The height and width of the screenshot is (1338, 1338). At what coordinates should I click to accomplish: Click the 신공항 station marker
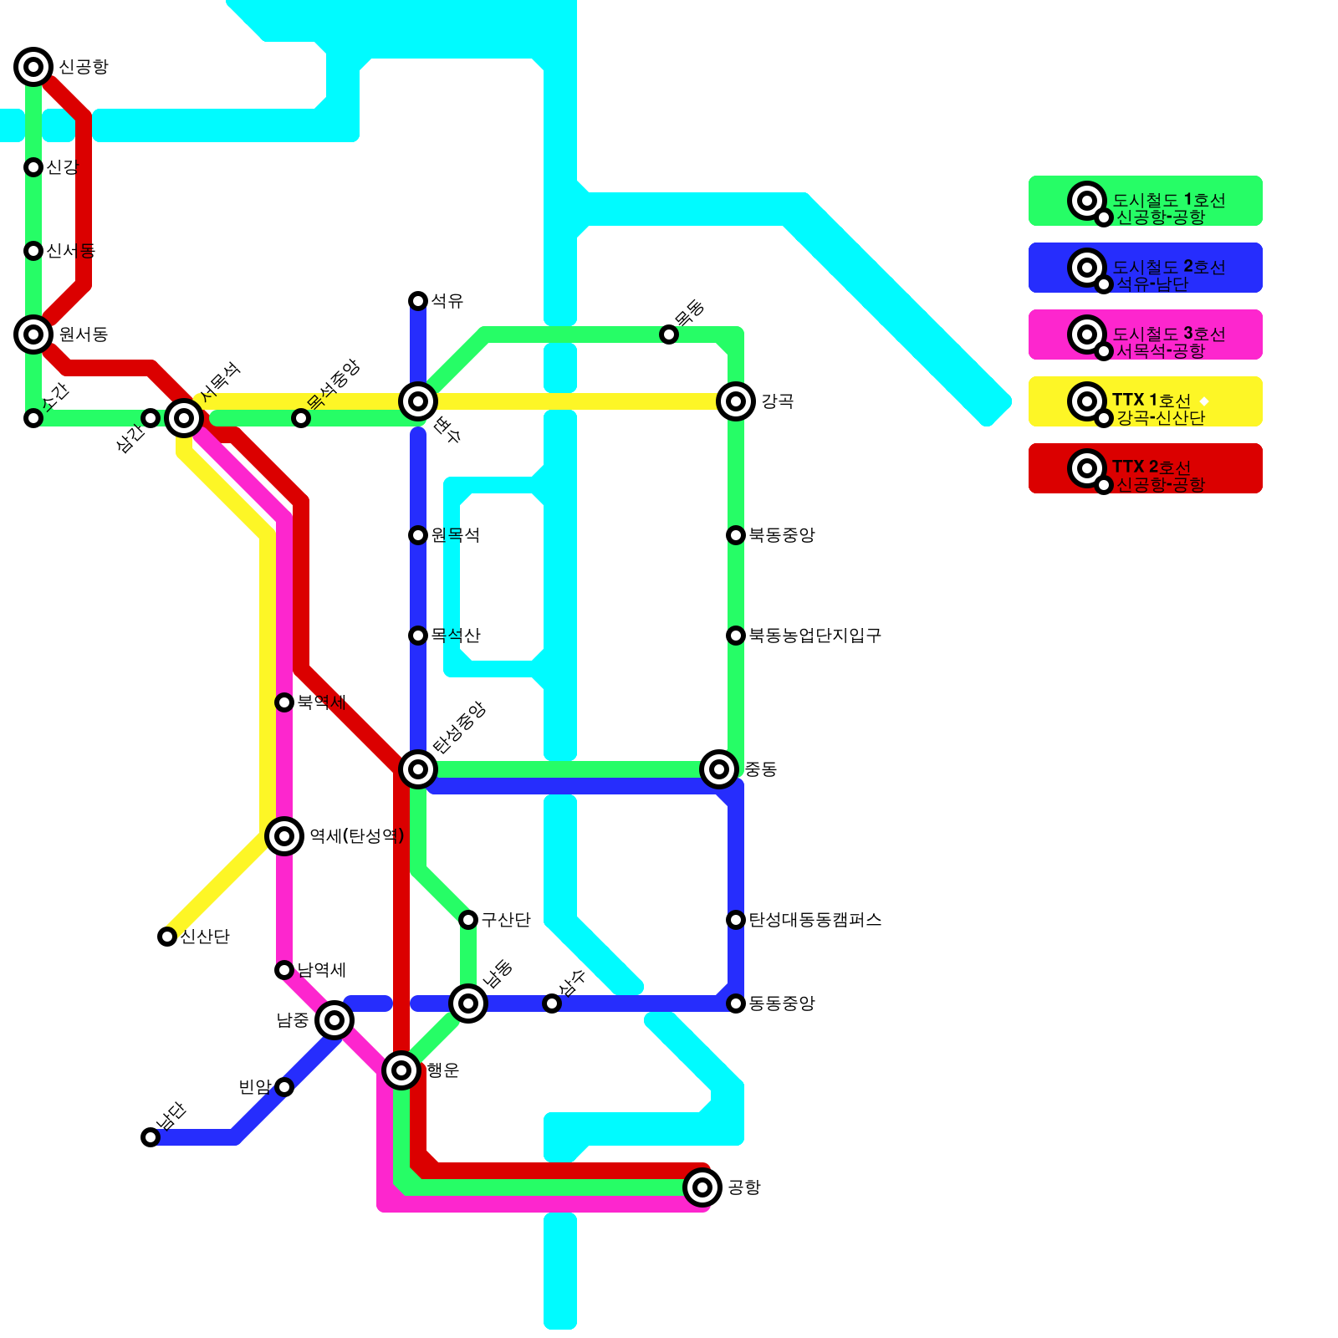pyautogui.click(x=33, y=67)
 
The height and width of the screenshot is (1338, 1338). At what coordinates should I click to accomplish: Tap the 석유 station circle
pyautogui.click(x=418, y=301)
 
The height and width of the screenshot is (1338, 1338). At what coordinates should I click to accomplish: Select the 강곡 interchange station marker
pyautogui.click(x=736, y=401)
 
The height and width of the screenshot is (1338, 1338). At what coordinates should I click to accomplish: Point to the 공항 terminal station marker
pyautogui.click(x=702, y=1187)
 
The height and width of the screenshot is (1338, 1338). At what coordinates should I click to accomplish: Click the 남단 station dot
pyautogui.click(x=151, y=1137)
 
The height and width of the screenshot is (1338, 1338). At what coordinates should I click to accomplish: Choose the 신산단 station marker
pyautogui.click(x=167, y=937)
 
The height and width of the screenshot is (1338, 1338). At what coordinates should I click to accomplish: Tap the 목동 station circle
pyautogui.click(x=669, y=334)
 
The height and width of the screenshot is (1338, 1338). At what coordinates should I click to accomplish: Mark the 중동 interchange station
pyautogui.click(x=719, y=769)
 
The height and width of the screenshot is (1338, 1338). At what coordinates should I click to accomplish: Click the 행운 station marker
pyautogui.click(x=401, y=1070)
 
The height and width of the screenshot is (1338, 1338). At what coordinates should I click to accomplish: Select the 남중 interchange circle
pyautogui.click(x=334, y=1020)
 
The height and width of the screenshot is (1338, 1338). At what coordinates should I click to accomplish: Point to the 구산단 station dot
pyautogui.click(x=468, y=920)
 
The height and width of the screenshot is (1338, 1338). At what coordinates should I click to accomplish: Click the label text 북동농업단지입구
pyautogui.click(x=815, y=636)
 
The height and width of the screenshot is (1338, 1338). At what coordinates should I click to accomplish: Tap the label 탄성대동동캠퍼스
pyautogui.click(x=815, y=920)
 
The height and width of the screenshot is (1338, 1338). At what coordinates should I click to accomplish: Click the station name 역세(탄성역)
pyautogui.click(x=356, y=836)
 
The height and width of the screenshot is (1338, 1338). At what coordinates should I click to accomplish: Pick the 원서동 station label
pyautogui.click(x=83, y=334)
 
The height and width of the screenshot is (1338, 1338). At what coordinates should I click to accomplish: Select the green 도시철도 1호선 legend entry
pyautogui.click(x=1145, y=201)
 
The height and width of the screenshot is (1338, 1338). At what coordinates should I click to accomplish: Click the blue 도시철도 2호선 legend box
pyautogui.click(x=1145, y=268)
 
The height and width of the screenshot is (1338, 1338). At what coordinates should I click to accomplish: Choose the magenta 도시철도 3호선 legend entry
pyautogui.click(x=1145, y=334)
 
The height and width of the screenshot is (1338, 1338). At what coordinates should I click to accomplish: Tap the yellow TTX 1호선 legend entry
pyautogui.click(x=1145, y=401)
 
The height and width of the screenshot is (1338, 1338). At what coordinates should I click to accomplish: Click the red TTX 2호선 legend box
pyautogui.click(x=1145, y=468)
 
